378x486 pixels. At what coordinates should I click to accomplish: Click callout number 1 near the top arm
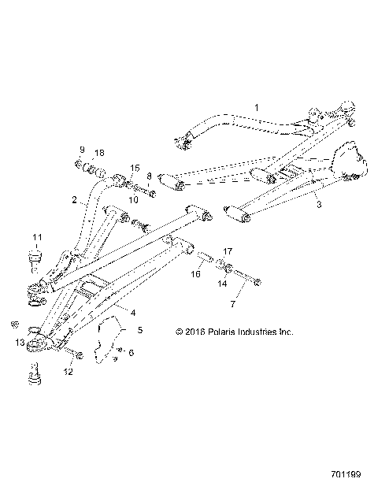click(x=256, y=104)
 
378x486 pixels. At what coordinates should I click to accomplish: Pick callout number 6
click(x=131, y=353)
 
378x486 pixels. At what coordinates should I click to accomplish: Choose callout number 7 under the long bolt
click(x=232, y=304)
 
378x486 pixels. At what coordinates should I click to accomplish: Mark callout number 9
click(x=80, y=150)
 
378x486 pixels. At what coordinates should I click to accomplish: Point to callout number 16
click(x=197, y=275)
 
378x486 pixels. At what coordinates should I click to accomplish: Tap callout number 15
click(x=135, y=169)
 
